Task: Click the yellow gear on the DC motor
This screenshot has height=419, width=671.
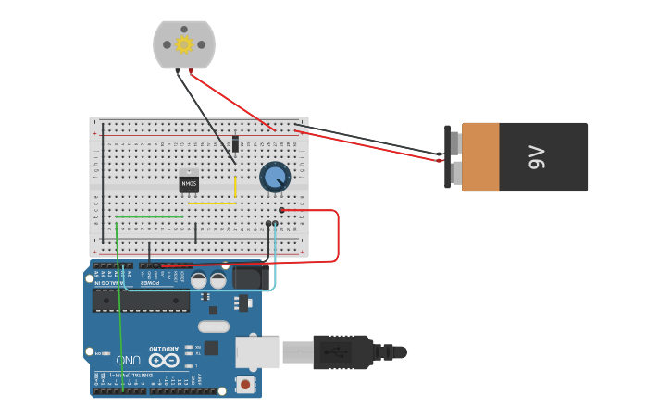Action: [x=183, y=43]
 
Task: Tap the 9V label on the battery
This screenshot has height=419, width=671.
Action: [x=537, y=157]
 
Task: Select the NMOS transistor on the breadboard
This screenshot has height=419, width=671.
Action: [x=189, y=184]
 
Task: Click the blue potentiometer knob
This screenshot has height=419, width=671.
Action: [x=275, y=177]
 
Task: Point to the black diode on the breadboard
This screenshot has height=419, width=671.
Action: [x=235, y=143]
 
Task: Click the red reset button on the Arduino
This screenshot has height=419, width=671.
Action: [x=245, y=384]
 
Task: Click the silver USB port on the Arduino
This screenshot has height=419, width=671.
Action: [x=255, y=352]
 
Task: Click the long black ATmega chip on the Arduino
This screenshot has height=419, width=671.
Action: [x=141, y=301]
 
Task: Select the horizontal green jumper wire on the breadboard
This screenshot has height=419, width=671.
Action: [x=149, y=216]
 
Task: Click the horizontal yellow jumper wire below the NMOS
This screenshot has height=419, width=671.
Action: [x=211, y=203]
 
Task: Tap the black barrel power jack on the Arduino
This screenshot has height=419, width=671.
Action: [x=249, y=277]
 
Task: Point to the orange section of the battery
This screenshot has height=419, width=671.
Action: [x=480, y=157]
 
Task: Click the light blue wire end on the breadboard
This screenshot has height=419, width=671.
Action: [x=275, y=225]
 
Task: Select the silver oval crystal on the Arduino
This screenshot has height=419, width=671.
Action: [x=213, y=326]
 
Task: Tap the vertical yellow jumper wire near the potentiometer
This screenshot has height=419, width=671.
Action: [x=235, y=189]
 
